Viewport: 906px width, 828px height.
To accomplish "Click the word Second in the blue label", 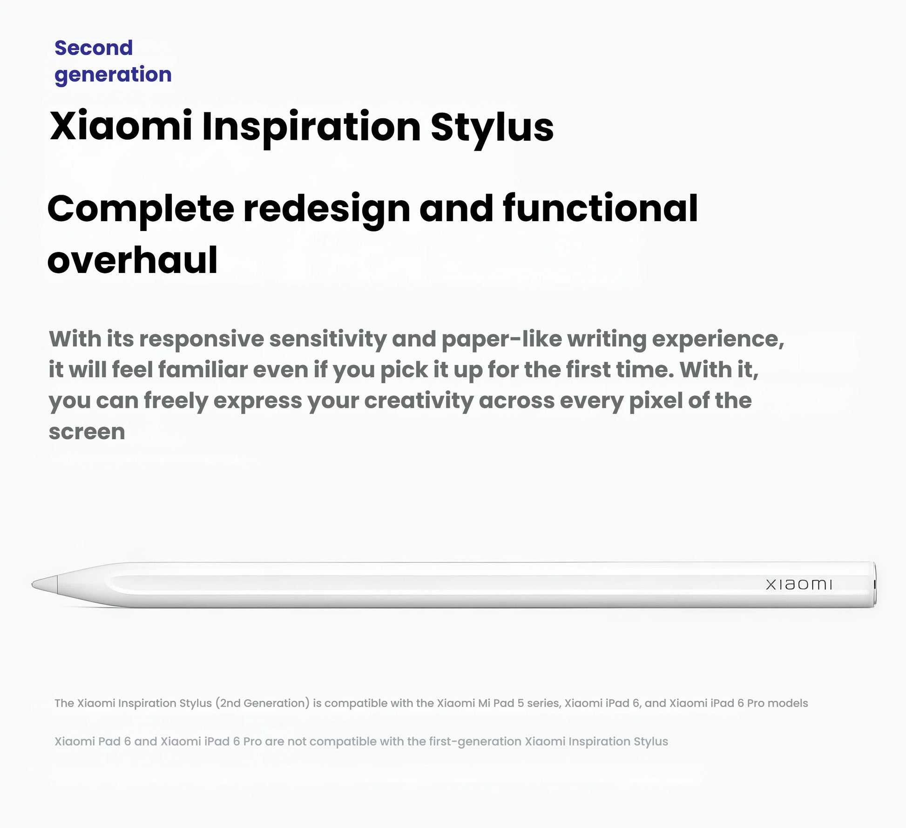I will coord(94,48).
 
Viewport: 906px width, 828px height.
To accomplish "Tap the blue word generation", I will coord(113,75).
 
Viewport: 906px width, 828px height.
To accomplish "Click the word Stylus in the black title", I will coord(492,127).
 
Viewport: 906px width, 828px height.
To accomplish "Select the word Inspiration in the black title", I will coord(311,127).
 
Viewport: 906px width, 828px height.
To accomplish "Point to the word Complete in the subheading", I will coord(140,209).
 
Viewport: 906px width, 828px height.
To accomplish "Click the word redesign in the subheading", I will coord(326,209).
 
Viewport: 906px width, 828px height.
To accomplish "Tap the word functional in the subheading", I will coord(600,208).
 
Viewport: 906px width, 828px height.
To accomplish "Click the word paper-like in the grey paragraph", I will coord(501,339).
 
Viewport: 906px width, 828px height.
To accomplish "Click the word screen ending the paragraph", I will coord(87,432).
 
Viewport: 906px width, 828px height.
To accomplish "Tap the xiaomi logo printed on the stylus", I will coord(798,584).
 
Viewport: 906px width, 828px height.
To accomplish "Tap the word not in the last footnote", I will coord(296,741).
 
